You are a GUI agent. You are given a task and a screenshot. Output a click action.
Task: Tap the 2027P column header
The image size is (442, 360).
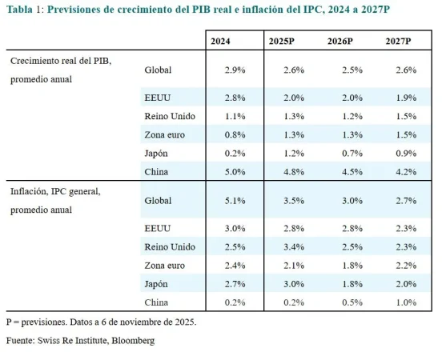click(x=398, y=40)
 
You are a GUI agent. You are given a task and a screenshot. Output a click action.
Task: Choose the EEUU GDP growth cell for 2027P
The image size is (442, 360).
click(x=406, y=97)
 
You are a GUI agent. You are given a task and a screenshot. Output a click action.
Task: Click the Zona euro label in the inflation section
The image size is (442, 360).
click(x=166, y=265)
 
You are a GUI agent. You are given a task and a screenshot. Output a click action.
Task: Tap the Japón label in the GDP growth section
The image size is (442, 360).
click(x=159, y=152)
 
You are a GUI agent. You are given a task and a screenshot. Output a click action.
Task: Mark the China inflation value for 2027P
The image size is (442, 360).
click(x=406, y=302)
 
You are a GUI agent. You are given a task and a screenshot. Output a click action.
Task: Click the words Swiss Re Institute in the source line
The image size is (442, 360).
click(x=78, y=341)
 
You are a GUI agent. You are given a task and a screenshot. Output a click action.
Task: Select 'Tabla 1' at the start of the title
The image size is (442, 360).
click(x=22, y=10)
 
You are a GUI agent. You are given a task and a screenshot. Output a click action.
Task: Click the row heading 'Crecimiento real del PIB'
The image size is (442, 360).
click(x=60, y=61)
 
